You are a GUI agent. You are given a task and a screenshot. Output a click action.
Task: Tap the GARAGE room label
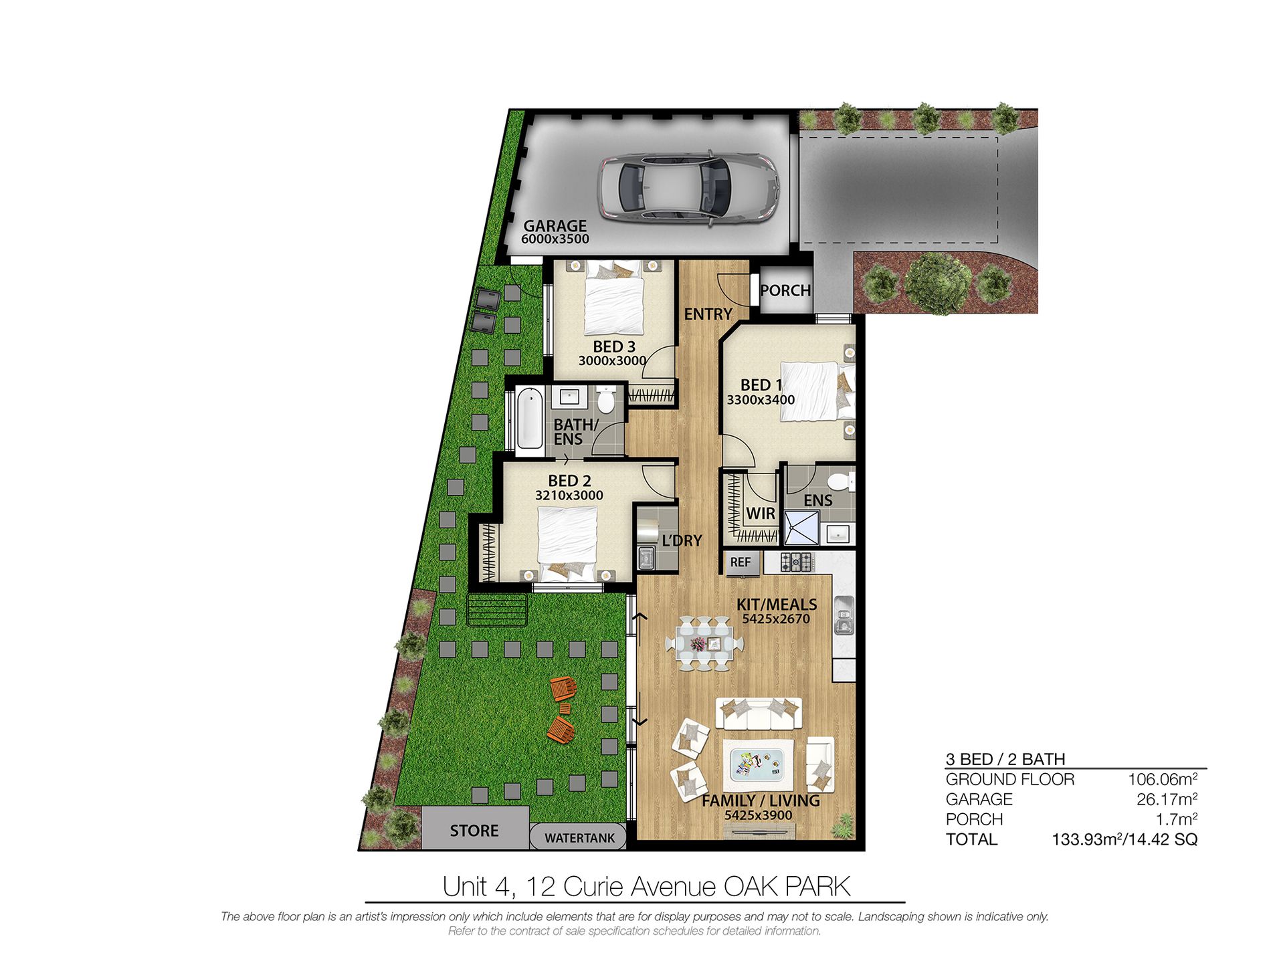click(x=555, y=226)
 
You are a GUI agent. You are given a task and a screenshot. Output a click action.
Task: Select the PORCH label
click(x=785, y=290)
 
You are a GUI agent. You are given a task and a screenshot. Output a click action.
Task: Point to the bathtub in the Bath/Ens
click(x=530, y=420)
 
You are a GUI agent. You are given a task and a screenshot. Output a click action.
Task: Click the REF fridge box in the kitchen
click(x=741, y=562)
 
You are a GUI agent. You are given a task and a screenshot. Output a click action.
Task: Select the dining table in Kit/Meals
click(x=704, y=644)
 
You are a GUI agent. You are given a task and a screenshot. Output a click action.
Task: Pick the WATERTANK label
click(x=579, y=838)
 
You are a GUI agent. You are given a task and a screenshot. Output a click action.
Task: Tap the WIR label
click(x=761, y=514)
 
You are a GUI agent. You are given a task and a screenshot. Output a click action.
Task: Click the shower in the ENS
click(x=801, y=527)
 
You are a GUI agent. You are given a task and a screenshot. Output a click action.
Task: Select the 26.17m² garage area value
click(x=1167, y=799)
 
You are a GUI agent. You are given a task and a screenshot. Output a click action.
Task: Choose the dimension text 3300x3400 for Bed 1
click(x=761, y=400)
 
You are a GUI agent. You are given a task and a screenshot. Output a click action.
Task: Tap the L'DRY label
click(x=682, y=540)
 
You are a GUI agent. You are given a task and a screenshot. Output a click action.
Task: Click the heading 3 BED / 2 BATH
click(x=1005, y=759)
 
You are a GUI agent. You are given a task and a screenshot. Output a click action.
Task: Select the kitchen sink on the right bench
click(x=844, y=615)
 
